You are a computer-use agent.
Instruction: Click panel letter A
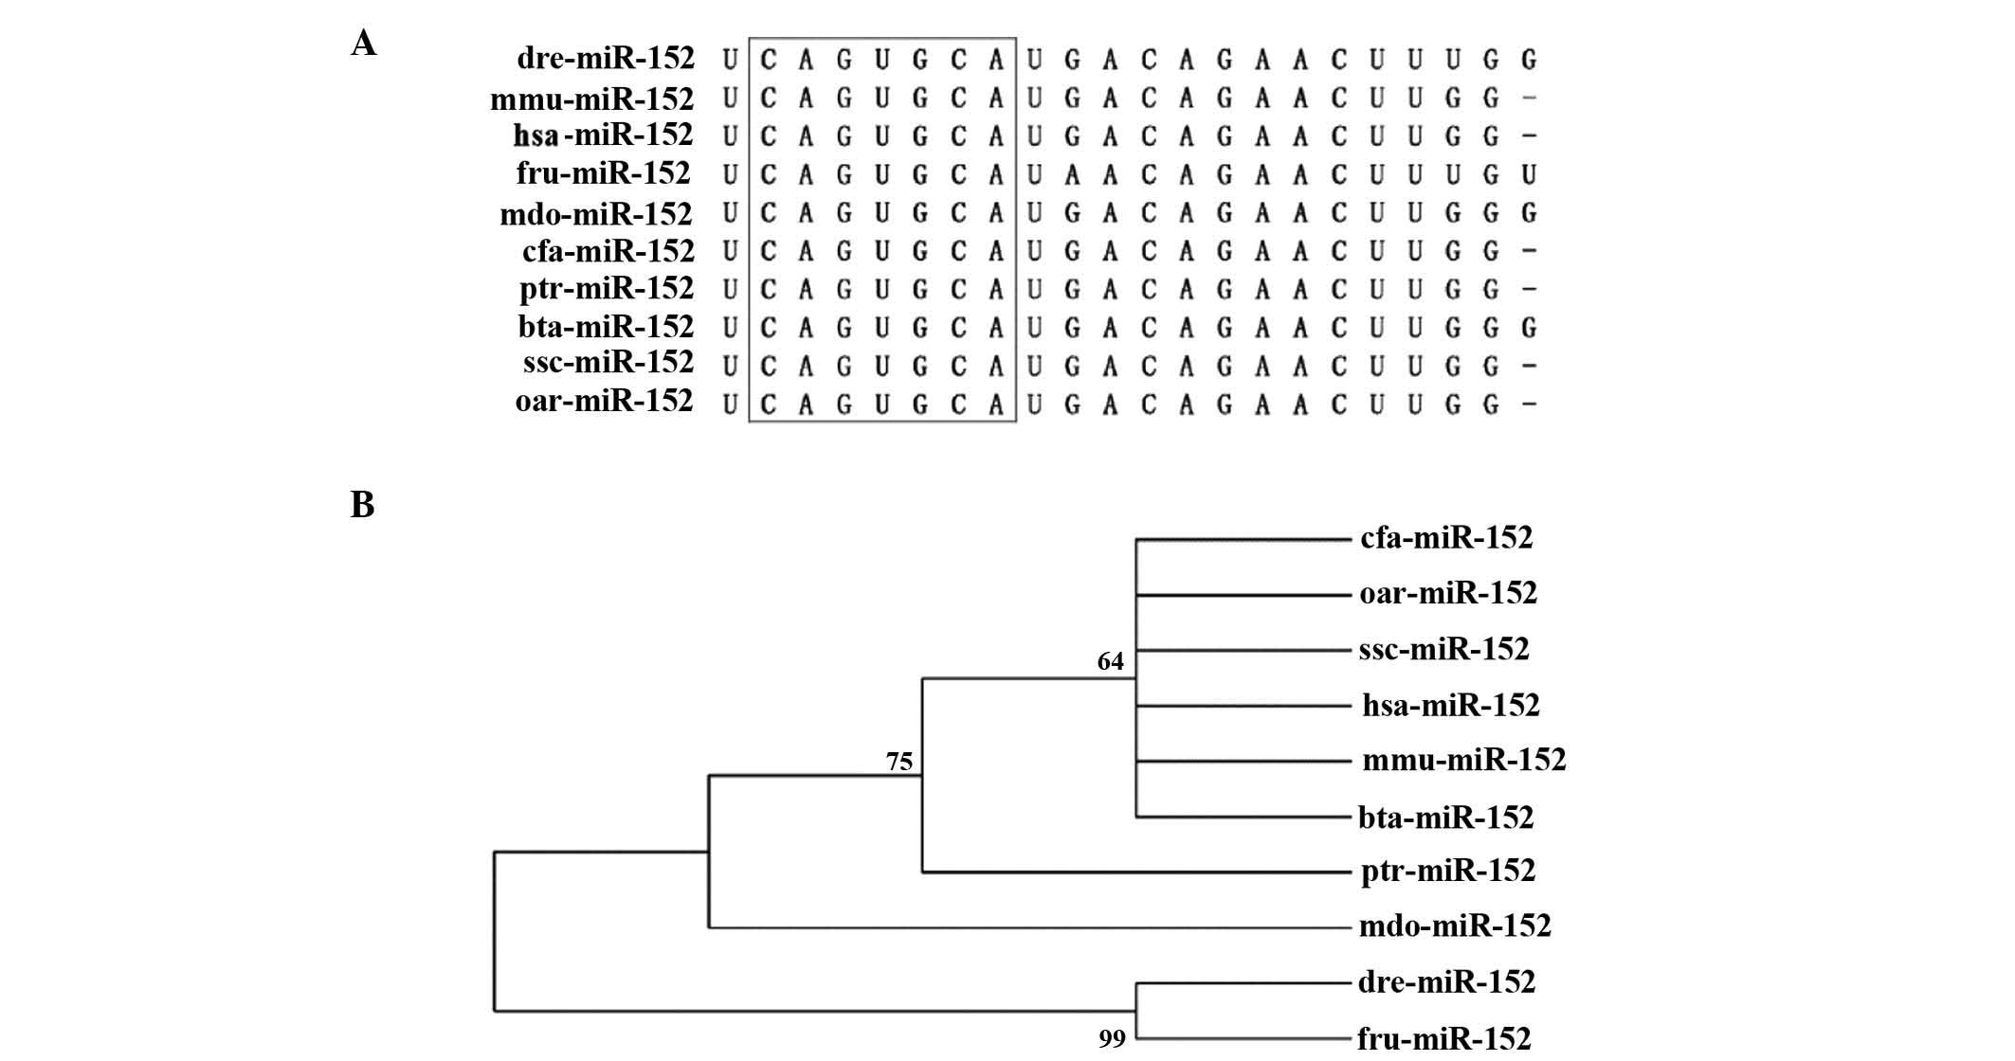[363, 44]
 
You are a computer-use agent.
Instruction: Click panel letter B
[362, 505]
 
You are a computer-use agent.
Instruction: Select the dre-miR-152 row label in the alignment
[606, 59]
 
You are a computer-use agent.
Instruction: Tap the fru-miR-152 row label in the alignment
[604, 173]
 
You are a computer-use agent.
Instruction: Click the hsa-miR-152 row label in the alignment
[603, 135]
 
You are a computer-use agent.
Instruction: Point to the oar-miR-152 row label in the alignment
[604, 402]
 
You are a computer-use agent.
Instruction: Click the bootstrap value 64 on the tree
[1110, 661]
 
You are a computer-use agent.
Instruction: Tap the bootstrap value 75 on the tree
[899, 761]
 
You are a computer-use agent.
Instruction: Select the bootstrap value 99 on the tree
[1112, 1039]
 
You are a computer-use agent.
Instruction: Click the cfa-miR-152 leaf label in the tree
[1446, 538]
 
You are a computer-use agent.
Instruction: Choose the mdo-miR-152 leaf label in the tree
[1455, 926]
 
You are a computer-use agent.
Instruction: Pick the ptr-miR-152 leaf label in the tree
[1448, 871]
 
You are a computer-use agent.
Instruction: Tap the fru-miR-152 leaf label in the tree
[1443, 1039]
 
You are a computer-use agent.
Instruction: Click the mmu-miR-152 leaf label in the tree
[1464, 760]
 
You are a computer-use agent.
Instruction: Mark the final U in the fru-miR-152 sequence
[1528, 174]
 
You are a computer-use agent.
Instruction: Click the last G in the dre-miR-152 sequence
[1528, 61]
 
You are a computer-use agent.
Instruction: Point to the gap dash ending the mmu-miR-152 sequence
[1528, 99]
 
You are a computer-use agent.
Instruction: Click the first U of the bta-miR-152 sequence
[729, 328]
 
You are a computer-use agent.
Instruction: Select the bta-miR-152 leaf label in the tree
[1445, 817]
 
